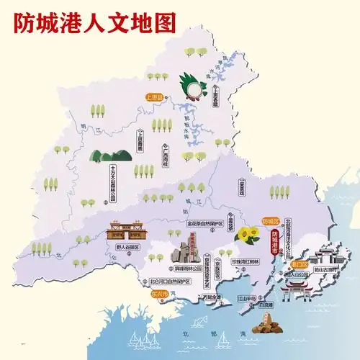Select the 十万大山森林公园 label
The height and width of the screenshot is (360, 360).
tap(113, 184)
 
